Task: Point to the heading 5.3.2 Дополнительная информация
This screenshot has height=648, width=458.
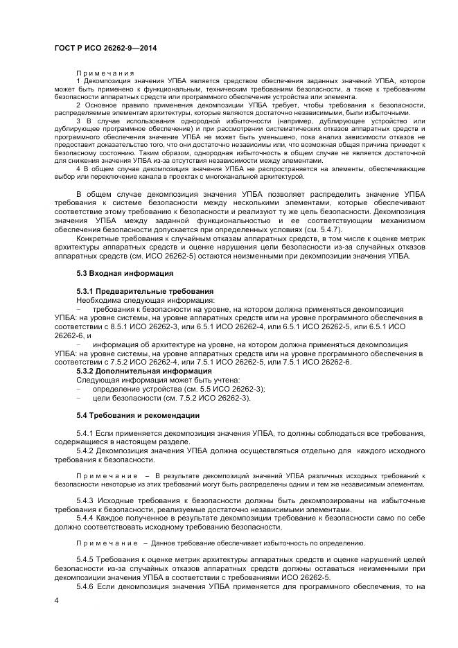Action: (x=134, y=371)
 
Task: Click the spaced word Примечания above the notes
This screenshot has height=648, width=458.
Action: (x=105, y=73)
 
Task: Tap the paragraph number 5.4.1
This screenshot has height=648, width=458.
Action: (x=85, y=433)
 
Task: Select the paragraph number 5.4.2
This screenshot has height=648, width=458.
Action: (x=85, y=450)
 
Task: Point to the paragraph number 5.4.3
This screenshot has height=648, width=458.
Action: (x=85, y=500)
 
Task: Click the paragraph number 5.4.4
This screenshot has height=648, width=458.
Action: (x=85, y=517)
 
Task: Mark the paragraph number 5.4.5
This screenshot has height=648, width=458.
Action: (x=85, y=559)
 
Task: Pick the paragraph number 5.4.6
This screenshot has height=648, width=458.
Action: (x=85, y=586)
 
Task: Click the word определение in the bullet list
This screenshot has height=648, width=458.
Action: (x=117, y=389)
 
